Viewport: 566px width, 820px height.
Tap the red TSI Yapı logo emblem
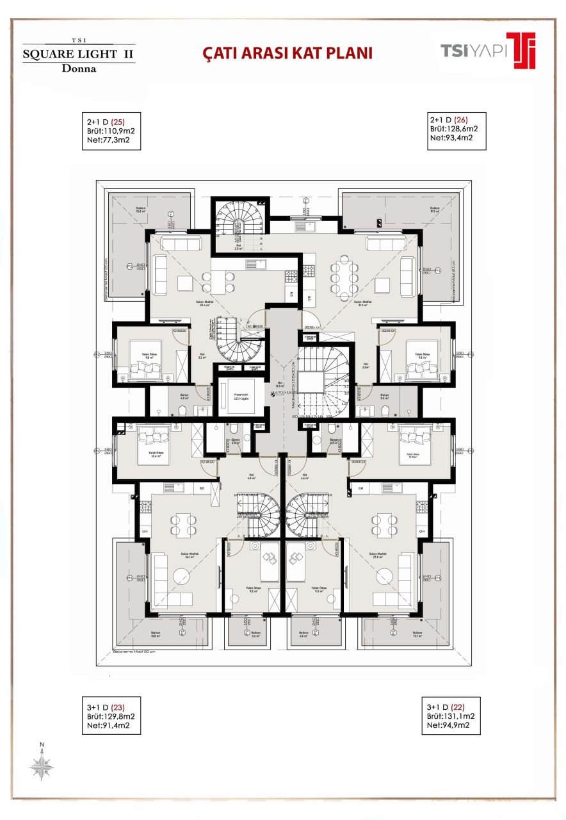tap(522, 50)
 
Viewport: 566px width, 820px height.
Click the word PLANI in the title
tap(348, 53)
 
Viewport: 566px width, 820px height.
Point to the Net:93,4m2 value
tap(451, 137)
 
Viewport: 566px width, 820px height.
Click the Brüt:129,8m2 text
tap(110, 716)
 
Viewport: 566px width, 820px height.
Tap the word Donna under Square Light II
tap(78, 69)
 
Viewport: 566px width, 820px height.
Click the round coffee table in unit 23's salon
tap(177, 575)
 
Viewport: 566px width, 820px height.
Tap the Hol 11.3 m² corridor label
tap(279, 386)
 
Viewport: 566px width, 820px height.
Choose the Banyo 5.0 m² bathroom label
tap(384, 396)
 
